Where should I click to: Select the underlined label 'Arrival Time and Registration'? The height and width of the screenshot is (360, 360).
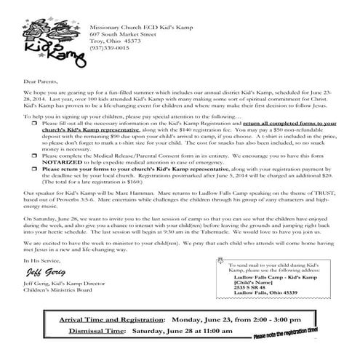pyautogui.click(x=113, y=321)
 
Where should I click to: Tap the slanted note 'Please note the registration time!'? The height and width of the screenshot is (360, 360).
pyautogui.click(x=285, y=334)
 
